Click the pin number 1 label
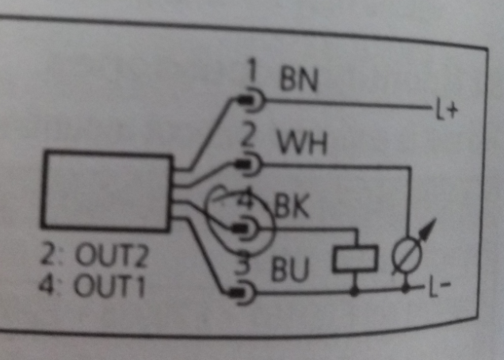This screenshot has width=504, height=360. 252,72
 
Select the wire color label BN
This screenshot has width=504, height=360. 299,79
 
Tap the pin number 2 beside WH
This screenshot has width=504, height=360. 248,136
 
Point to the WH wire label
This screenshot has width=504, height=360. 302,143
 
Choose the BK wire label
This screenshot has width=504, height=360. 292,207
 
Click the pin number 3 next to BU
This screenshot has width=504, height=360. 246,263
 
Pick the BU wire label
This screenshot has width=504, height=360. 290,269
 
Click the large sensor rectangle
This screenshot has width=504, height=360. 107,190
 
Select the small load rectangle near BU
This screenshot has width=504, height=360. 355,259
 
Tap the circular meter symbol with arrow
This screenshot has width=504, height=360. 407,255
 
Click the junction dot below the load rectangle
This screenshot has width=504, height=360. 354,292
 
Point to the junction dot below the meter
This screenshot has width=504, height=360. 407,289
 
